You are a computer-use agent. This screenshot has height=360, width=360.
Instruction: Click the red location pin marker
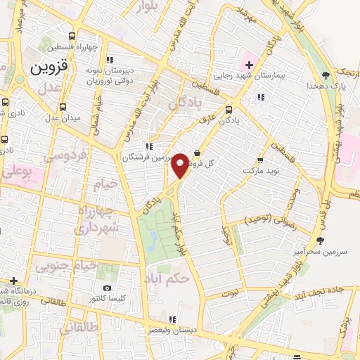(x=180, y=165)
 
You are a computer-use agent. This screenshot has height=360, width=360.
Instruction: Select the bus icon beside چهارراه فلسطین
(x=72, y=37)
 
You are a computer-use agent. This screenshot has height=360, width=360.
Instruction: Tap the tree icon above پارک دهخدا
(x=325, y=75)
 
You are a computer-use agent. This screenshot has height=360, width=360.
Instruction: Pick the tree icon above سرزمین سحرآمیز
(x=321, y=241)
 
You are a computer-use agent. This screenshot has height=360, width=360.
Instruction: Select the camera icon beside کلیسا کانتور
(x=107, y=288)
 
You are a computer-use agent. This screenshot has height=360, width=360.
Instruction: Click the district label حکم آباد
(x=170, y=278)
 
